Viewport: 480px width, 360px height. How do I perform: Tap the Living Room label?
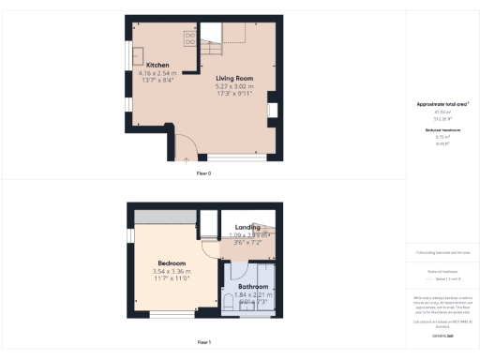point(235,79)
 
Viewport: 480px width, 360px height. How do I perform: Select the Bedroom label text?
point(171,263)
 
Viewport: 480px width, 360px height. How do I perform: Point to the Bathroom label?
point(252,286)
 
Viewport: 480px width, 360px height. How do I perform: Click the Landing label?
point(247,227)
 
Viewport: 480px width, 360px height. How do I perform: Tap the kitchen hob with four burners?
point(190,39)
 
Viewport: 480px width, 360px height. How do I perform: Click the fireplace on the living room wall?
point(272,111)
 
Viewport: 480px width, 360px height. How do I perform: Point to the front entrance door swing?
point(184,147)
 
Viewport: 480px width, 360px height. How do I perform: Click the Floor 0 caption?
point(203,173)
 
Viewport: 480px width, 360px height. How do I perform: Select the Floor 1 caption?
point(203,342)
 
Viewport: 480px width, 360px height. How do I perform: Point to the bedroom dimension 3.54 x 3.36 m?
point(171,271)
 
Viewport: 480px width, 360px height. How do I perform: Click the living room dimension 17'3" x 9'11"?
point(235,94)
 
